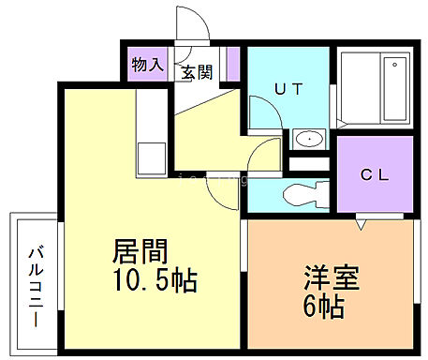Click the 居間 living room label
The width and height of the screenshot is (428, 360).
tap(140, 251)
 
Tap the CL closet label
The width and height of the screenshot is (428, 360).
tap(376, 173)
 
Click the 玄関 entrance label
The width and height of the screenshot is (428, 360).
tap(198, 72)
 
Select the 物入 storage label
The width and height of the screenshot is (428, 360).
tap(148, 66)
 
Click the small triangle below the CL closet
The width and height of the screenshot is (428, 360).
tap(360, 225)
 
